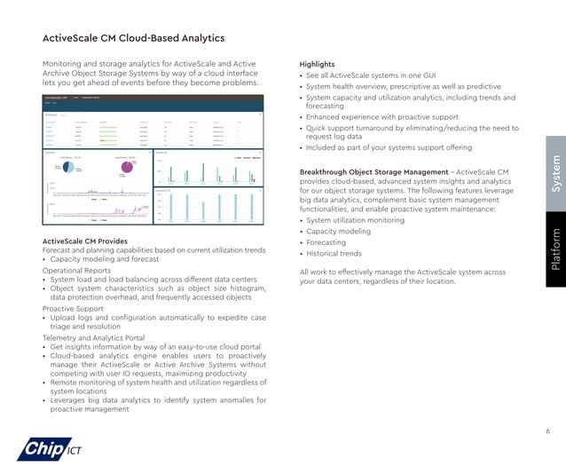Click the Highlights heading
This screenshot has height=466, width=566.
318,65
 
